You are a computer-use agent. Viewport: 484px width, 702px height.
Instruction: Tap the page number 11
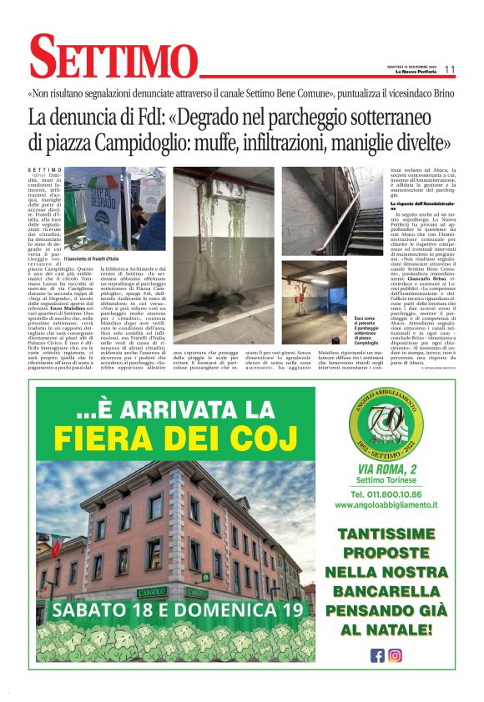(449, 70)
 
